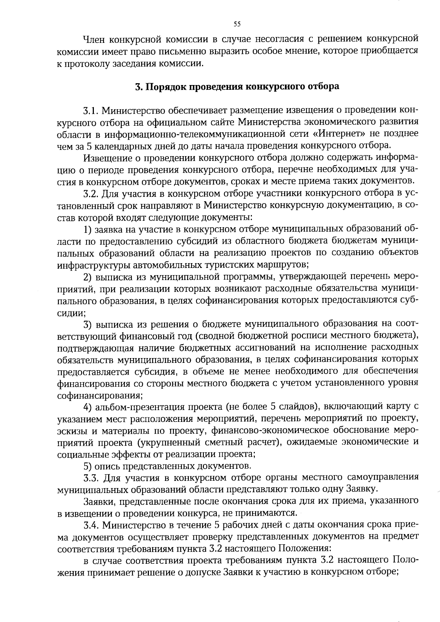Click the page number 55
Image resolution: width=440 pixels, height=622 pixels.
pyautogui.click(x=237, y=24)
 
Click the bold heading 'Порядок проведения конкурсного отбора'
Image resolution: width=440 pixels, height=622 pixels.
pyautogui.click(x=242, y=87)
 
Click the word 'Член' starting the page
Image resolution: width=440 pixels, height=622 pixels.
pyautogui.click(x=94, y=39)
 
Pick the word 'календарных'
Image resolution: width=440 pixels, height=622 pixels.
pyautogui.click(x=115, y=146)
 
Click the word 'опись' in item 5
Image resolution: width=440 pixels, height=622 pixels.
pyautogui.click(x=107, y=466)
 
